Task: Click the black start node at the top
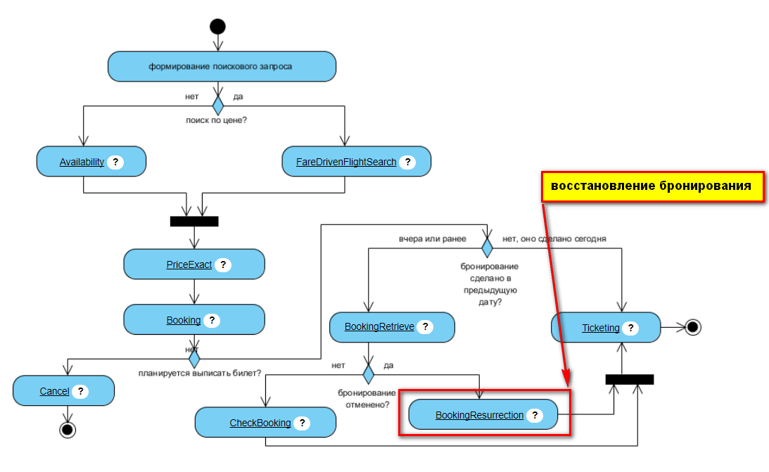coord(217,27)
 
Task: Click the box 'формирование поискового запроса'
coord(222,67)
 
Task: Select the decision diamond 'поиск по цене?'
coord(217,106)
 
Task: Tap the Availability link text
coord(82,162)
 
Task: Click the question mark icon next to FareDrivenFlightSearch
coord(407,162)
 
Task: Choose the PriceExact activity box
coord(193,264)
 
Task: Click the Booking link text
coord(183,320)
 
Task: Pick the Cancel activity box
coord(63,391)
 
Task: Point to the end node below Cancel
coord(68,429)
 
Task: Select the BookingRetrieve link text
coord(379,327)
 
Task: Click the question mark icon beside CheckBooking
coord(302,423)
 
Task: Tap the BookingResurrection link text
coord(479,415)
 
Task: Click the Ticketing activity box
coord(606,327)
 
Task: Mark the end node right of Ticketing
coord(693,327)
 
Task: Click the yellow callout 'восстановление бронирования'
coord(652,186)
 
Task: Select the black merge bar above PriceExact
coord(194,222)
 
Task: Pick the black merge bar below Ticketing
coord(630,379)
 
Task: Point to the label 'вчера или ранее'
coord(431,239)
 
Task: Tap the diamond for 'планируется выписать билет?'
coord(194,359)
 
